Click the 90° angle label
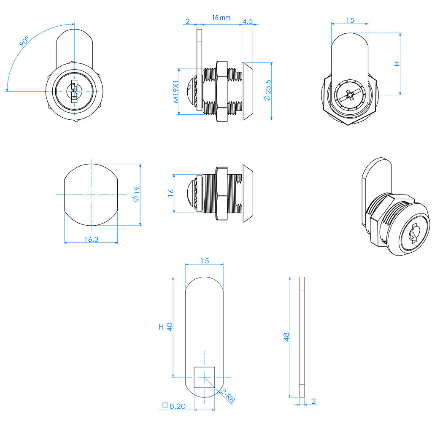pyautogui.click(x=24, y=43)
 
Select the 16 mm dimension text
pyautogui.click(x=221, y=18)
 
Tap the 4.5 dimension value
pyautogui.click(x=248, y=21)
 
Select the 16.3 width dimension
pyautogui.click(x=91, y=239)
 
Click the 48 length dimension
pyautogui.click(x=287, y=337)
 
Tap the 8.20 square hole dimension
pyautogui.click(x=177, y=406)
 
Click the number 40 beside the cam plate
pyautogui.click(x=170, y=327)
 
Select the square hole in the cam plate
pyautogui.click(x=204, y=377)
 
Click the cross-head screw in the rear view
pyautogui.click(x=350, y=95)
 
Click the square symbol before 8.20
pyautogui.click(x=165, y=405)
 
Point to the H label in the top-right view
pyautogui.click(x=396, y=64)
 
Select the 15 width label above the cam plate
pyautogui.click(x=204, y=261)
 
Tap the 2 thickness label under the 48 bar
pyautogui.click(x=313, y=401)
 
